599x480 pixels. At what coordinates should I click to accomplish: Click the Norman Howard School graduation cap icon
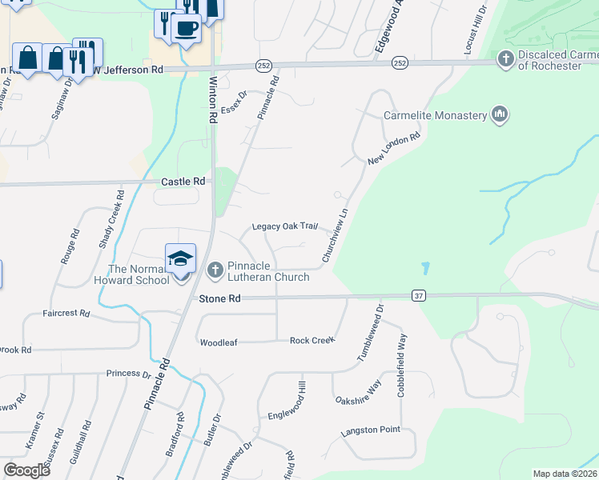coord(181,258)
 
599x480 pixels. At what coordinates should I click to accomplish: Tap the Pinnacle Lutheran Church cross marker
coord(215,271)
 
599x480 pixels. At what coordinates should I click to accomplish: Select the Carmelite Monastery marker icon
coord(501,115)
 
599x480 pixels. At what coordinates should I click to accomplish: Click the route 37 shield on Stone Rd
coord(418,296)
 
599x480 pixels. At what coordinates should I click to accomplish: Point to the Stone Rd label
coord(219,298)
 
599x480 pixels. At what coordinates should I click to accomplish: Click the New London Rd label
coord(394,150)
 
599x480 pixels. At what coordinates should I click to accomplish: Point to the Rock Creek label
coord(312,341)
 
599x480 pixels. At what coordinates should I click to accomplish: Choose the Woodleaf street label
coord(219,342)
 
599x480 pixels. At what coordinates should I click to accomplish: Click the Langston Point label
coord(370,430)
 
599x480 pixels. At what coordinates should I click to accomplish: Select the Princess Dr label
coord(128,374)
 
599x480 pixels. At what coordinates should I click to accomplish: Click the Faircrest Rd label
coord(66,313)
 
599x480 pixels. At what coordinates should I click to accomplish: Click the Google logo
coord(26,470)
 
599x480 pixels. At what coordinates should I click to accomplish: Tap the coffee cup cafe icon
coord(186,28)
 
